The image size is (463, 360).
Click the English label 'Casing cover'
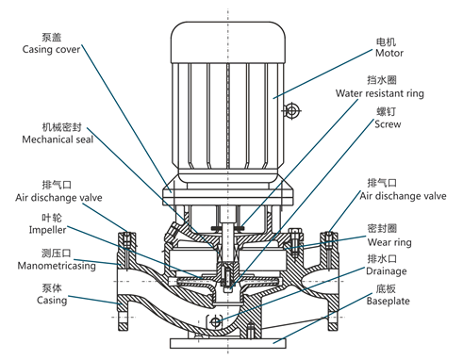point(51,50)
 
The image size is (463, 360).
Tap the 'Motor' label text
point(389,53)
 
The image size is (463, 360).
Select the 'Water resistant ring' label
point(380,93)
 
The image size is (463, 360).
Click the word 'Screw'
point(388,124)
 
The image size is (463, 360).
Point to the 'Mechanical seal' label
point(58,139)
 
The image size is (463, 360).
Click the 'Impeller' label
point(47,230)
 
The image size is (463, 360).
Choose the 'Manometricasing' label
point(57,266)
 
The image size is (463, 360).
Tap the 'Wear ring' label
point(389,242)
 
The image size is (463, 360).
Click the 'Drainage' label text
point(387,271)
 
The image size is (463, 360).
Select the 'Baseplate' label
point(389,301)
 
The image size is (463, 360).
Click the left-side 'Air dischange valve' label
point(58,198)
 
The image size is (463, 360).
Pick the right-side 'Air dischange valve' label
point(403,196)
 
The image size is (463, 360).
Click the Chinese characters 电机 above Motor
point(386,42)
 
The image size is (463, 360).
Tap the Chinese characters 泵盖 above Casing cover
point(52,37)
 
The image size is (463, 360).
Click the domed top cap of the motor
point(228,42)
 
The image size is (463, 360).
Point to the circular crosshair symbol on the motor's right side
point(292,110)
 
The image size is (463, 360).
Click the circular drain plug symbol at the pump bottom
point(215,322)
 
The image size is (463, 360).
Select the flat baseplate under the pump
point(228,343)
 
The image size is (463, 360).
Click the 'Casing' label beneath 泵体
point(52,300)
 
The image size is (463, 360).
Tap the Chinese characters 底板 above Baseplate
point(386,288)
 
